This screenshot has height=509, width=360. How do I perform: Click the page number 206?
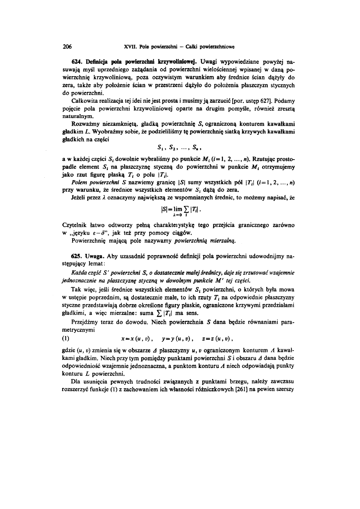click(x=67, y=47)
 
